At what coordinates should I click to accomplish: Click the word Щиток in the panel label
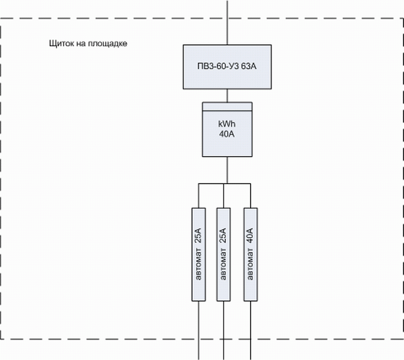[58, 44]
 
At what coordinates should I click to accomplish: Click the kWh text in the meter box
[227, 124]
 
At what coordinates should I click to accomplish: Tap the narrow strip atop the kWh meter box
[227, 106]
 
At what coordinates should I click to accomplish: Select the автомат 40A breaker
[250, 254]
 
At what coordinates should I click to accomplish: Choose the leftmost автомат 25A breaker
[198, 254]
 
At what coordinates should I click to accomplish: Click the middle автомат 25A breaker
[223, 254]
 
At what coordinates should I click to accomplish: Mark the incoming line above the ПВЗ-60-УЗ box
[227, 21]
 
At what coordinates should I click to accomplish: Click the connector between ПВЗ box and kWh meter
[227, 95]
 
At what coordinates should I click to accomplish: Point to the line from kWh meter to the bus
[227, 170]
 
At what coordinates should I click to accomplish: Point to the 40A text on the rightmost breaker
[250, 235]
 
